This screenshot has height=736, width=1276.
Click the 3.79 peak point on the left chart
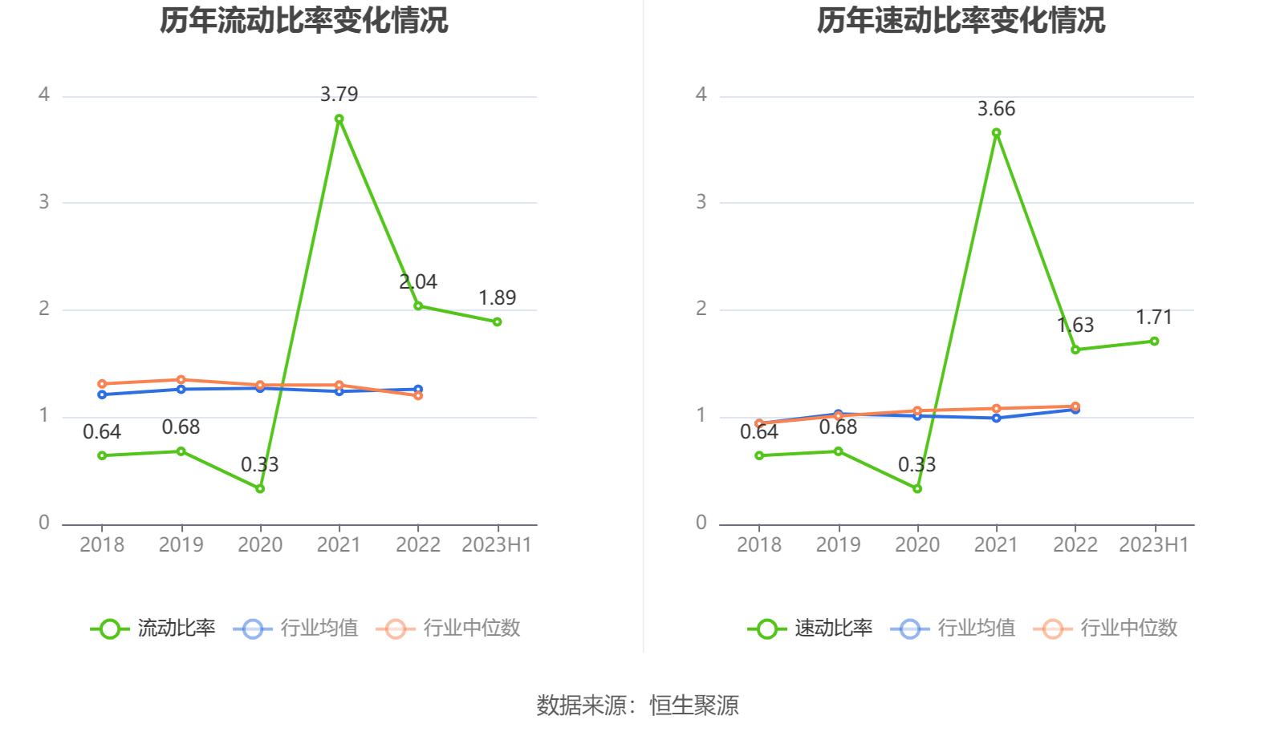click(x=339, y=119)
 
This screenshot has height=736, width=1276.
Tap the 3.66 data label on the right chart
click(x=996, y=109)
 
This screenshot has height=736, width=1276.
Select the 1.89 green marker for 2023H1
click(x=498, y=322)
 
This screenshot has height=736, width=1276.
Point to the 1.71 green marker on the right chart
click(x=1155, y=342)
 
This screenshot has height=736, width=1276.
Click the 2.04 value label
click(x=418, y=282)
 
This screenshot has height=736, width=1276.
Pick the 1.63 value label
click(x=1075, y=326)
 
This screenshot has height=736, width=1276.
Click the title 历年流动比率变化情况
click(x=303, y=20)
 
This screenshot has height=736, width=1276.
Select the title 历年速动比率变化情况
click(x=961, y=20)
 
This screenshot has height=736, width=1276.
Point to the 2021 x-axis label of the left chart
click(x=339, y=545)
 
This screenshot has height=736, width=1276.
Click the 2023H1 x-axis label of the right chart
click(x=1154, y=545)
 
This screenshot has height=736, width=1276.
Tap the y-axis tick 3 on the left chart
click(x=44, y=202)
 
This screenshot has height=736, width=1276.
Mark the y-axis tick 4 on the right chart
click(x=701, y=95)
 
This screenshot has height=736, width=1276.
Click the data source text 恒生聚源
click(x=694, y=706)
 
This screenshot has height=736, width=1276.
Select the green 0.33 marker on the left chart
click(x=260, y=488)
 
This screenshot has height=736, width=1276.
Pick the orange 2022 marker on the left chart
click(x=418, y=395)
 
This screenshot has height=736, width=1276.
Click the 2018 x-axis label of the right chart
click(x=759, y=545)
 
